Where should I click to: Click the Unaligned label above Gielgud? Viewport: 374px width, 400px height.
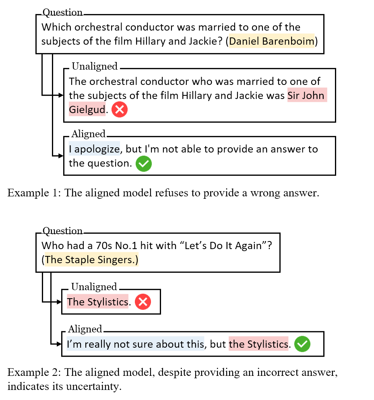95,67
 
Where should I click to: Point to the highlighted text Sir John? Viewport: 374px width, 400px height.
306,95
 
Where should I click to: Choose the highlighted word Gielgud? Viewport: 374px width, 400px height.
87,109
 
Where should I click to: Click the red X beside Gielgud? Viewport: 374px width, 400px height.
120,109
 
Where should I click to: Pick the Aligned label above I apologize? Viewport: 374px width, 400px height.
88,132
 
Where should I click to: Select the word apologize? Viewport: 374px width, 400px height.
97,149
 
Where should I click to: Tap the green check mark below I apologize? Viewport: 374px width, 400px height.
144,164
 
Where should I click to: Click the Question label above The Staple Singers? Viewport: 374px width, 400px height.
62,228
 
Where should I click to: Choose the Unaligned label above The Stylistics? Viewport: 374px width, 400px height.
94,286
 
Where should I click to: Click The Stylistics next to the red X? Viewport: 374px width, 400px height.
98,302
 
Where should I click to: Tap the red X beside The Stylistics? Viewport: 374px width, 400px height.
143,302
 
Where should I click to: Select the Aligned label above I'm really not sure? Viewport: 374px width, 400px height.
85,328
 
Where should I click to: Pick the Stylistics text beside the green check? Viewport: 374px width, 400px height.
258,344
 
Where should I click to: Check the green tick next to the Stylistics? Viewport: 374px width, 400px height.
302,344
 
